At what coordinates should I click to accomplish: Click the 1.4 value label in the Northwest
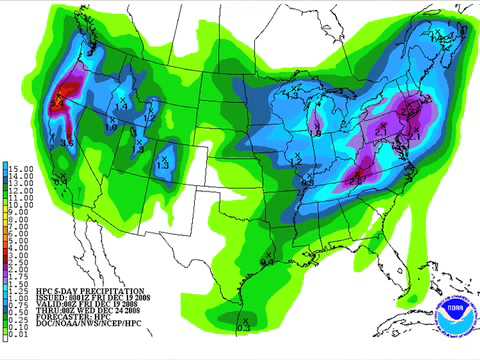(x=123, y=101)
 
